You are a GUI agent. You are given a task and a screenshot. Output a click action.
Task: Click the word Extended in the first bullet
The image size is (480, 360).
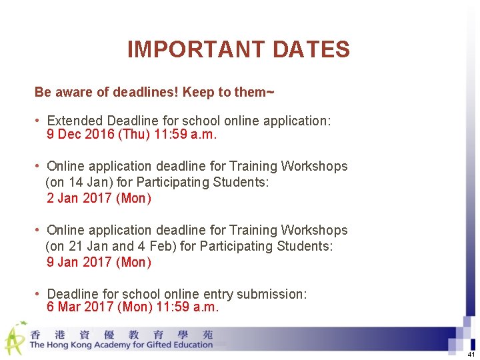[x=75, y=121]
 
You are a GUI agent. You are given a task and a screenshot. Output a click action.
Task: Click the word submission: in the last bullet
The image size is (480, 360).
[x=273, y=294]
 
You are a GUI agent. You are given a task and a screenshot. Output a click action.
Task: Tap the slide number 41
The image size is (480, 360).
[x=471, y=354]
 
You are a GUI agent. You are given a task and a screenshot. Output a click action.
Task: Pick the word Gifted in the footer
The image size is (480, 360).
[x=165, y=345]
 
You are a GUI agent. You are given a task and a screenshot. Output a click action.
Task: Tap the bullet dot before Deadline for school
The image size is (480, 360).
[x=39, y=294]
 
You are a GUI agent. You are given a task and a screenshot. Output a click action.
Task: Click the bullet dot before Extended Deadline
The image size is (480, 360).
[x=39, y=121]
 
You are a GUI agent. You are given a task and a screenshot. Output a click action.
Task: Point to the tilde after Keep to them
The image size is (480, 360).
[x=269, y=91]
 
